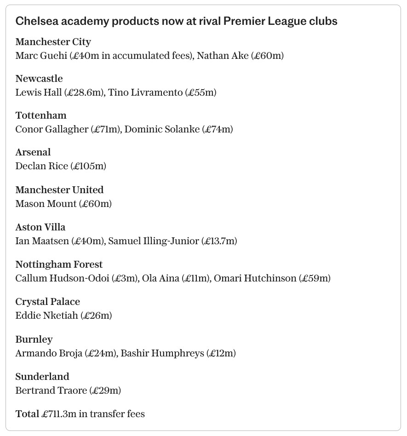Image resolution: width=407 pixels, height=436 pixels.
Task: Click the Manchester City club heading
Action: pos(53,42)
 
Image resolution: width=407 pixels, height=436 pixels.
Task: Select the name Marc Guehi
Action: pos(41,56)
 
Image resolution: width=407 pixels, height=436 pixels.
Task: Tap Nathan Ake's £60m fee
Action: pos(267,56)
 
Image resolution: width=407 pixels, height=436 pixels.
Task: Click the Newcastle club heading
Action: pos(39,79)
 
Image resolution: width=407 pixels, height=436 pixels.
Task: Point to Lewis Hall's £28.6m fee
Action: pos(85,92)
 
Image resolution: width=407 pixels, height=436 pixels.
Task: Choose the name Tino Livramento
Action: pos(145,92)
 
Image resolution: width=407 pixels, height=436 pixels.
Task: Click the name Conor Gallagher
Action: pos(52,129)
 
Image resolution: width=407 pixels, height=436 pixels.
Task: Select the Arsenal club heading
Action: pos(33,152)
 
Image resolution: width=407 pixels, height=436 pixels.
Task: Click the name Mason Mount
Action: pos(46,204)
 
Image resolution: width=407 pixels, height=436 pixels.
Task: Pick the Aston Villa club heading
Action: pos(40,227)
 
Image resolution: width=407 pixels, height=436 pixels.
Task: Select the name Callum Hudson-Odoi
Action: pos(62,278)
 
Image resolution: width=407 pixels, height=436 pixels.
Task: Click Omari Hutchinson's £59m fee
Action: pos(315,278)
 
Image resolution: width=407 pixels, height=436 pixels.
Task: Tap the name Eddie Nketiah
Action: pos(47,316)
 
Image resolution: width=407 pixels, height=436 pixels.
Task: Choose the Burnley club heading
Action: pos(34,339)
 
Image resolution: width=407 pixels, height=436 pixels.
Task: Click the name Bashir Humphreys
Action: pos(162,353)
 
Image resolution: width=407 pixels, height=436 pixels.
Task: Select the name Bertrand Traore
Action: pos(51,390)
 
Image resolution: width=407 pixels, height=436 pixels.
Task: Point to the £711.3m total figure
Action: pos(59,414)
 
